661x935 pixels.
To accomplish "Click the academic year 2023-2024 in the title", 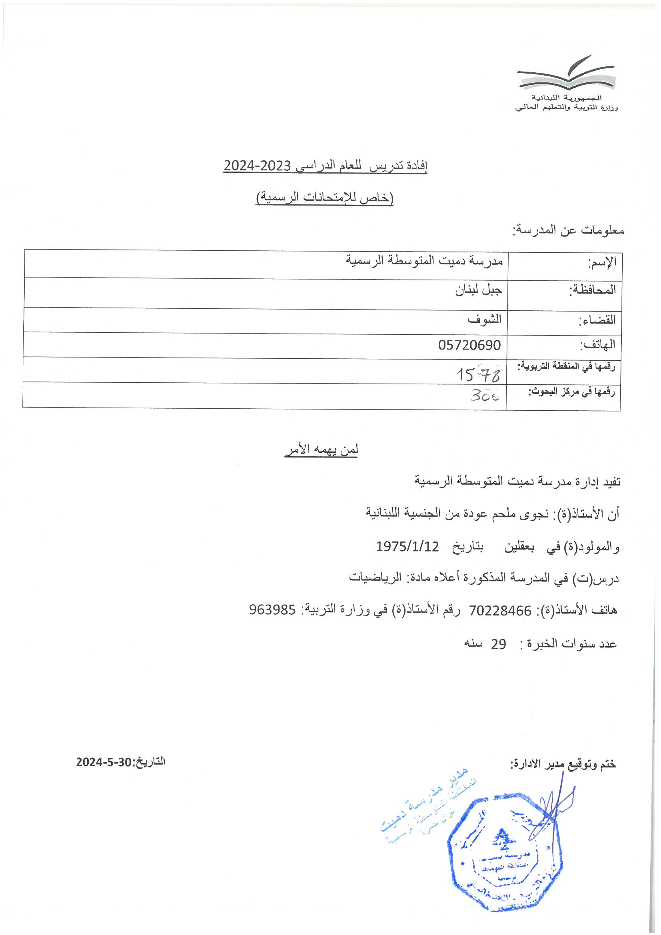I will pyautogui.click(x=257, y=166).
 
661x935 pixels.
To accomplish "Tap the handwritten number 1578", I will pyautogui.click(x=478, y=374).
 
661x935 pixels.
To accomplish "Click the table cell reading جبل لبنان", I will pyautogui.click(x=479, y=290).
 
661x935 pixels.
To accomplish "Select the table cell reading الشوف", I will pyautogui.click(x=484, y=319).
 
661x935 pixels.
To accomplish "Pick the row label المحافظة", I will pyautogui.click(x=592, y=290).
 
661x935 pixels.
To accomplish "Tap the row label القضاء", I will pyautogui.click(x=597, y=320).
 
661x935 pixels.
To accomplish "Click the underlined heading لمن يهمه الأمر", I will pyautogui.click(x=322, y=450).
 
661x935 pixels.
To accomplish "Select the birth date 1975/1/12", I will pyautogui.click(x=407, y=547).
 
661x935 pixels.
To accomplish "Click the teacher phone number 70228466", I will pyautogui.click(x=500, y=610).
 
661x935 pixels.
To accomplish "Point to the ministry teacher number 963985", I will pyautogui.click(x=272, y=609).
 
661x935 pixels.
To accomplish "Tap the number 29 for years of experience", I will pyautogui.click(x=498, y=644).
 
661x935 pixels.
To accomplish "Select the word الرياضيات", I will pyautogui.click(x=375, y=577).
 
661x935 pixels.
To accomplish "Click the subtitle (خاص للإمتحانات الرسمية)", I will pyautogui.click(x=325, y=198).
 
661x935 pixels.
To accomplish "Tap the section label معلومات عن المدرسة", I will pyautogui.click(x=568, y=230).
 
